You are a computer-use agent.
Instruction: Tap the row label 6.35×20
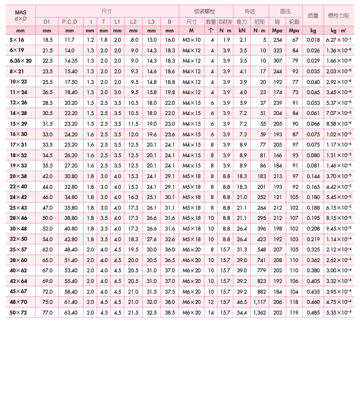(x=20, y=61)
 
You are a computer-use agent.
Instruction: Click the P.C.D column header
(x=69, y=21)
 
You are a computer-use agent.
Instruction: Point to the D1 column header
(x=47, y=21)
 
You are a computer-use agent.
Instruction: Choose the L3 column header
(x=152, y=21)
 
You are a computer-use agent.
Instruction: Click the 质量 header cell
(x=313, y=16)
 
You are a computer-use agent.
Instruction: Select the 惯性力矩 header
(x=339, y=16)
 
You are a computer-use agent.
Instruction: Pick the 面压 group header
(x=285, y=11)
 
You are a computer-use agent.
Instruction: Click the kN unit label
(x=242, y=31)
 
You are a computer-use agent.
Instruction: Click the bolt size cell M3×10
(x=192, y=40)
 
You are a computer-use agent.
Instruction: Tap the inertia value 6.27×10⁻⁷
(x=339, y=40)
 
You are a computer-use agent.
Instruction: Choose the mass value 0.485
(x=313, y=313)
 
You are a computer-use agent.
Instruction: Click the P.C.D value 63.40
(x=69, y=313)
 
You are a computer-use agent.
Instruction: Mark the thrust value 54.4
(x=242, y=313)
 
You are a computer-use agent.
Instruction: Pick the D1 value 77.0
(x=47, y=313)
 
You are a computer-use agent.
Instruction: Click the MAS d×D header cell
(x=20, y=16)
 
